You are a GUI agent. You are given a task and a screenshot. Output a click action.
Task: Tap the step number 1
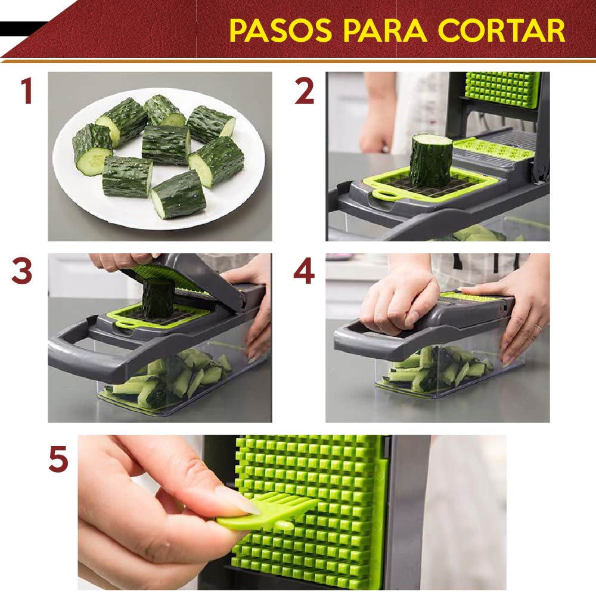point(27,91)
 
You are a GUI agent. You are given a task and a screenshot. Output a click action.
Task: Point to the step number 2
point(305,91)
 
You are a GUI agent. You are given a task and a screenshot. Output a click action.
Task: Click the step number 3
point(21,271)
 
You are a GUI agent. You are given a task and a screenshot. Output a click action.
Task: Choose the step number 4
point(304,271)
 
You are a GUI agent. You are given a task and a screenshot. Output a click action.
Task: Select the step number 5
point(58,459)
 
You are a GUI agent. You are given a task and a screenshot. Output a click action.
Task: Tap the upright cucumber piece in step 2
point(431,160)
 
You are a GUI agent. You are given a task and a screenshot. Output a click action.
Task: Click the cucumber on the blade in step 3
point(158,298)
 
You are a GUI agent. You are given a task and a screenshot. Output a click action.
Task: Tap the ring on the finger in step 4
point(538,327)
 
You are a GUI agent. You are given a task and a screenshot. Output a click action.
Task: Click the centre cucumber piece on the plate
point(166,145)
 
